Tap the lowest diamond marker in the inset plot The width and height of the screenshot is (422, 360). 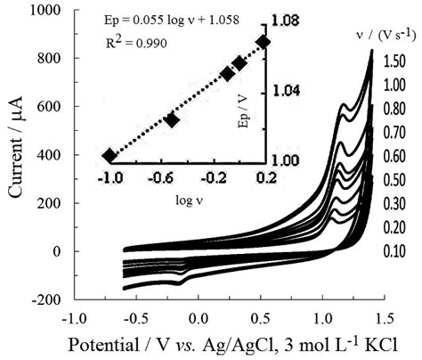click(110, 156)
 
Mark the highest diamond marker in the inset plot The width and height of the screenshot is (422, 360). click(263, 42)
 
